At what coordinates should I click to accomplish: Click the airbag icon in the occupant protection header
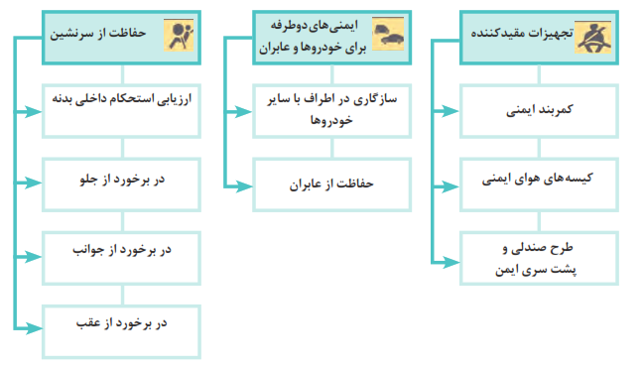click(x=179, y=35)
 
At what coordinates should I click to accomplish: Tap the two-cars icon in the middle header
click(x=388, y=34)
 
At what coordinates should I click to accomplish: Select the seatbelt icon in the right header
click(x=593, y=38)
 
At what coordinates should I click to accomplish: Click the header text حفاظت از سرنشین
click(x=97, y=33)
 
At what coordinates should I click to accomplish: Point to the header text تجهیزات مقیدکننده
click(x=522, y=33)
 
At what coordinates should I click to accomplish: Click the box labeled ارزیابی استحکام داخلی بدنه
click(x=121, y=111)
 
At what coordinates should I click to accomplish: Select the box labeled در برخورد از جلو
click(x=121, y=184)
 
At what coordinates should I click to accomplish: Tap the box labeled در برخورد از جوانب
click(x=121, y=258)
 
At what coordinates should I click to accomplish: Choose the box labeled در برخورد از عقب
click(x=121, y=331)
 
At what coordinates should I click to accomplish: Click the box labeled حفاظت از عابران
click(x=331, y=184)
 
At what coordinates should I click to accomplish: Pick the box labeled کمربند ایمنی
click(x=539, y=111)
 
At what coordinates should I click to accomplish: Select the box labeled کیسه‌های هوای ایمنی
click(x=539, y=184)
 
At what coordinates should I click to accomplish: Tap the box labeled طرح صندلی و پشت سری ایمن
click(x=539, y=258)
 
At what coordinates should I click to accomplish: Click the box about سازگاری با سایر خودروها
click(x=331, y=111)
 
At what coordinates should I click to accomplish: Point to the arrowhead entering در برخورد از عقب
click(x=34, y=328)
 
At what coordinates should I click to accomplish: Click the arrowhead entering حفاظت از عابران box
click(x=244, y=187)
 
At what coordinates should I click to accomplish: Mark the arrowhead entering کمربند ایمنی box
click(x=451, y=111)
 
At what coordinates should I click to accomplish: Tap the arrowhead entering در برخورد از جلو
click(x=34, y=183)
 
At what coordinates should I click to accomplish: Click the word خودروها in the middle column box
click(x=331, y=121)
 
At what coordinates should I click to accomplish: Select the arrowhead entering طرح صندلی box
click(x=451, y=262)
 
